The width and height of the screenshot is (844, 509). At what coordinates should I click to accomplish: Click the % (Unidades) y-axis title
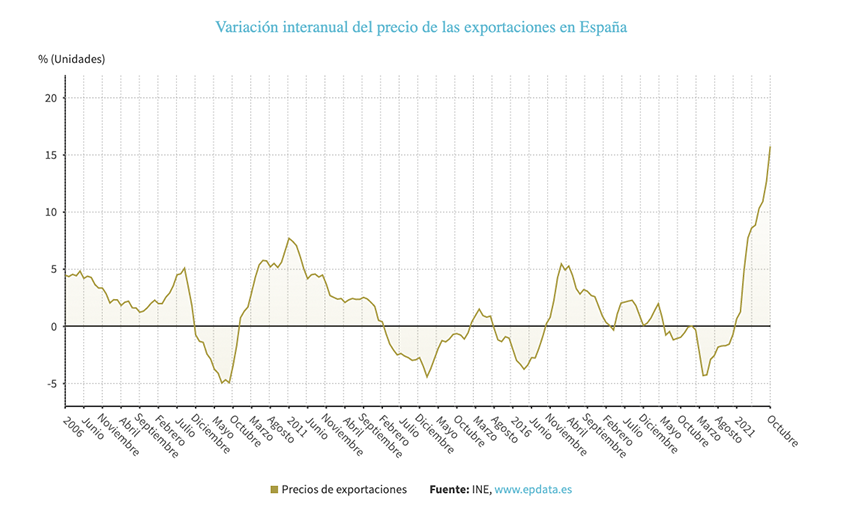[71, 59]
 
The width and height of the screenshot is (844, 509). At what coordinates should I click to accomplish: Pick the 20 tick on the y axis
[49, 97]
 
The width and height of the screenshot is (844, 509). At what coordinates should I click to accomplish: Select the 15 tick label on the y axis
[49, 155]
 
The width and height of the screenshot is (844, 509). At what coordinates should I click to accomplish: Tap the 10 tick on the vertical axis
[49, 212]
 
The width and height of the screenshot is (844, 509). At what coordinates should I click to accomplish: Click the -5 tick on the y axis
[49, 384]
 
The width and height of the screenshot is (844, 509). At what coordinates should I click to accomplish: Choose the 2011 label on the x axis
[296, 421]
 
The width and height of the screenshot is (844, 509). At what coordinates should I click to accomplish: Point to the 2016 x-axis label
[521, 421]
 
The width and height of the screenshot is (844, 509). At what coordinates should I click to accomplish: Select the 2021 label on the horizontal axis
[745, 421]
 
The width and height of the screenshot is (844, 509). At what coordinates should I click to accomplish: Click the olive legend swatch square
[274, 490]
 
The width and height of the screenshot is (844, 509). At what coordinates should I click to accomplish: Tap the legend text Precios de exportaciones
[344, 490]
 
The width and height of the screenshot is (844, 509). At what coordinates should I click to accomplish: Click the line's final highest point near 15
[770, 146]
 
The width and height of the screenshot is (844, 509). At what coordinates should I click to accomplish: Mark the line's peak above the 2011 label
[289, 238]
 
